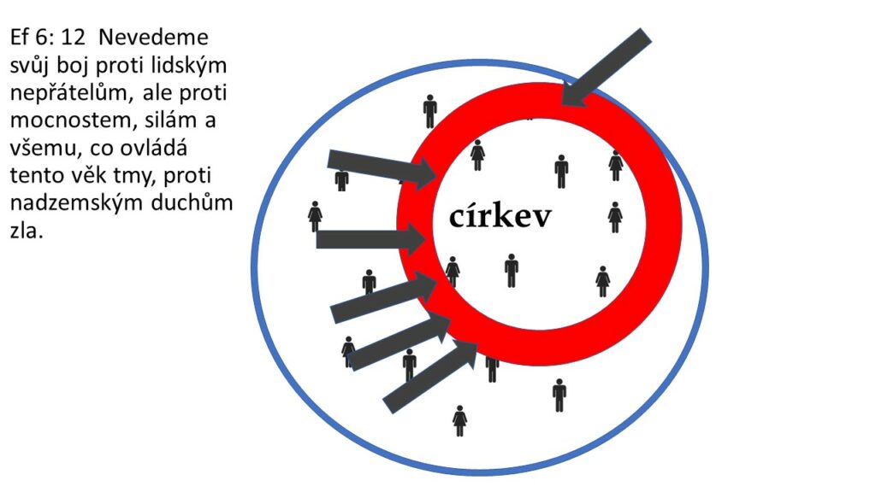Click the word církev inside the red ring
tap(500, 216)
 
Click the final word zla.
tap(25, 231)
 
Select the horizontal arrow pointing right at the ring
tap(370, 239)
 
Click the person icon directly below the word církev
tap(512, 270)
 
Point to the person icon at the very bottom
tap(460, 420)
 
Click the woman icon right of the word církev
tap(614, 217)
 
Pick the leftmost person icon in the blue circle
tap(315, 216)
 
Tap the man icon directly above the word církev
tap(561, 171)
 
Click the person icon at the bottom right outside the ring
tap(559, 395)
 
